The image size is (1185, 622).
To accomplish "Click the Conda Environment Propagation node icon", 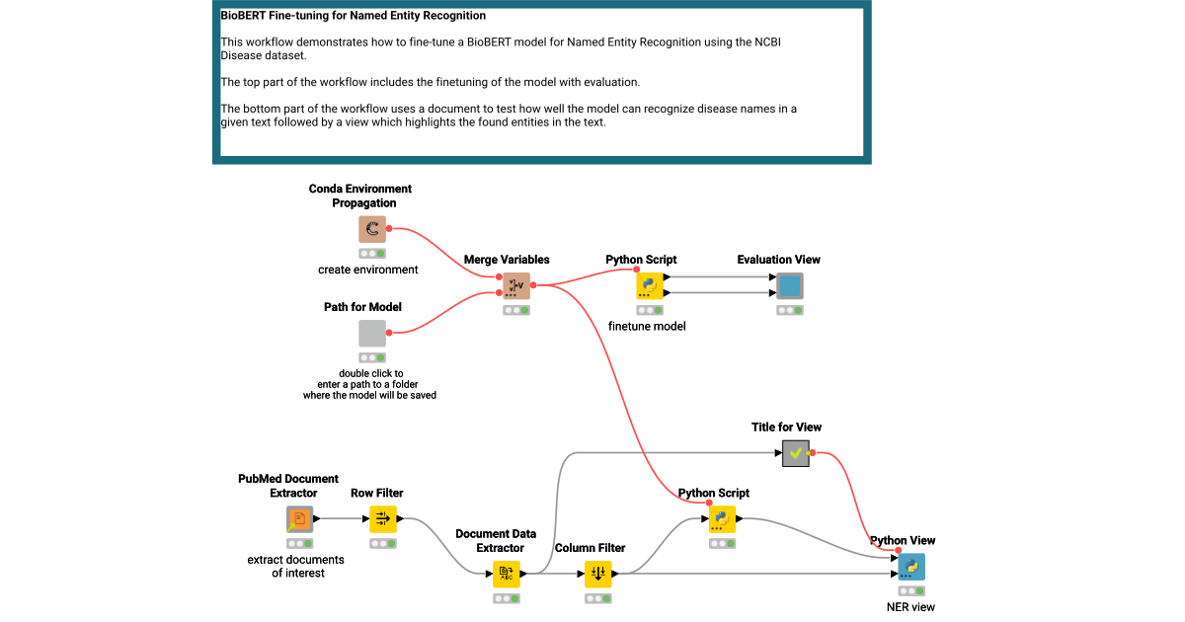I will [x=372, y=230].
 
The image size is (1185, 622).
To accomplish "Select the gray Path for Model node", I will [x=372, y=334].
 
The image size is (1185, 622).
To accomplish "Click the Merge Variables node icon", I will [x=515, y=286].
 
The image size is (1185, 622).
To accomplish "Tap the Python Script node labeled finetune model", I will [x=649, y=286].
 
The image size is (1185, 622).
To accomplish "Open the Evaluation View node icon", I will [x=789, y=286].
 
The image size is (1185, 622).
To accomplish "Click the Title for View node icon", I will [x=796, y=454].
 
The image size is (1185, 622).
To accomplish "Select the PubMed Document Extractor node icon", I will [x=300, y=519].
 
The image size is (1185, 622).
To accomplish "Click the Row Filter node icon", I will [x=382, y=519].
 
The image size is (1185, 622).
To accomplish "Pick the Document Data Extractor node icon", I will [x=507, y=574].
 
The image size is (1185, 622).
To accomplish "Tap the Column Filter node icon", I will [x=597, y=574].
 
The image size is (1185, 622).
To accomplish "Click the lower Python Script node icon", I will [x=723, y=519].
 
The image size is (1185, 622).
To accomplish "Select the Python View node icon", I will [x=911, y=567].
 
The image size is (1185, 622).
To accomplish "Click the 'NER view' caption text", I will [x=910, y=607].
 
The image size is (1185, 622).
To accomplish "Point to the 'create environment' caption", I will [x=368, y=270].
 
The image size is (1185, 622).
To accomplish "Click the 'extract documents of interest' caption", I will [x=296, y=566].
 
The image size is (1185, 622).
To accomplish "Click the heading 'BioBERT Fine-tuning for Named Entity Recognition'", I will [x=354, y=17].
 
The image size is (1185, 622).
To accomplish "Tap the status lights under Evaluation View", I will [x=789, y=310].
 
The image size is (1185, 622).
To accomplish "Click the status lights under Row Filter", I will [x=382, y=543].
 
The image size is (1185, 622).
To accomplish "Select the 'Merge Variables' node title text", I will [x=507, y=260].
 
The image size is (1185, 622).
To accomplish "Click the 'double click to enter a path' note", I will [x=369, y=384].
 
